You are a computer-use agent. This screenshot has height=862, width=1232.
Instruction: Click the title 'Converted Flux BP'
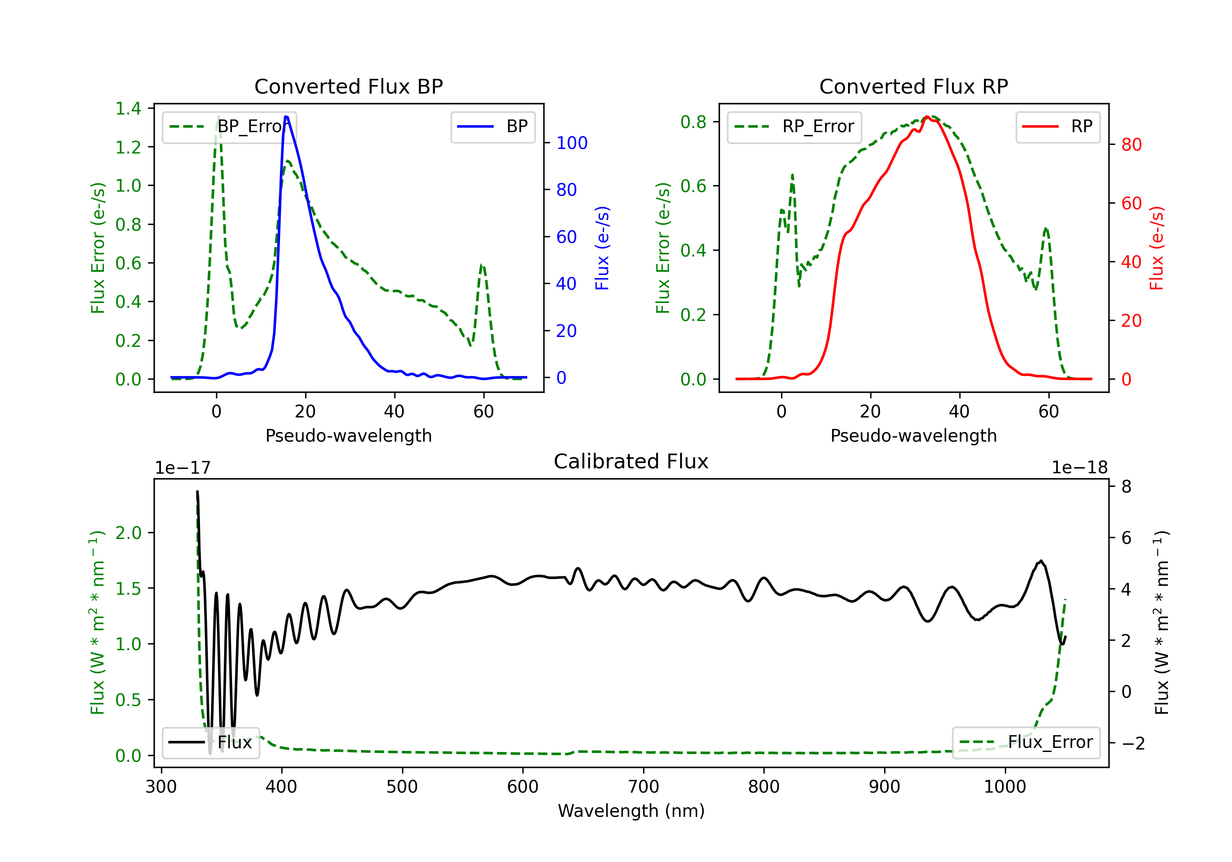(x=348, y=86)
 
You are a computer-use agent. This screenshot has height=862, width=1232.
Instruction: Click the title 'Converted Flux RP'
(x=913, y=86)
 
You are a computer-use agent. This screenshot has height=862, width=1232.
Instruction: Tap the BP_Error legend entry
(x=229, y=126)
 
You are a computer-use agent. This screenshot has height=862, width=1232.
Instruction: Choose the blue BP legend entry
(x=492, y=126)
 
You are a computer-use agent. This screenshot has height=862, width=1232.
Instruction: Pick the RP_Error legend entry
(x=794, y=126)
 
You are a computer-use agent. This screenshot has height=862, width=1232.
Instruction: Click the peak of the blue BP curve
(x=286, y=117)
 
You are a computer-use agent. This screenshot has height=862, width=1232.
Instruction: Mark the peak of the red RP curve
(x=927, y=117)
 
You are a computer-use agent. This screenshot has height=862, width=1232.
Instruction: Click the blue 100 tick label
(x=572, y=143)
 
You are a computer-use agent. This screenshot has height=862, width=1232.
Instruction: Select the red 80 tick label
(x=1131, y=144)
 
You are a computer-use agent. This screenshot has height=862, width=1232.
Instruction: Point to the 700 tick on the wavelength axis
(x=644, y=786)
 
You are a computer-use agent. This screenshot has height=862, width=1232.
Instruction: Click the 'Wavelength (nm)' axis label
(x=631, y=811)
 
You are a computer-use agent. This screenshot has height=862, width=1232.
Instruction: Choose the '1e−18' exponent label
(x=1080, y=468)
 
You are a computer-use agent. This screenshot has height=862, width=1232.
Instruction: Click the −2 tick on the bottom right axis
(x=1133, y=743)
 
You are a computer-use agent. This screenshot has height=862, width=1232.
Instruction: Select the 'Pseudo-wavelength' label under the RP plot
(x=913, y=436)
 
